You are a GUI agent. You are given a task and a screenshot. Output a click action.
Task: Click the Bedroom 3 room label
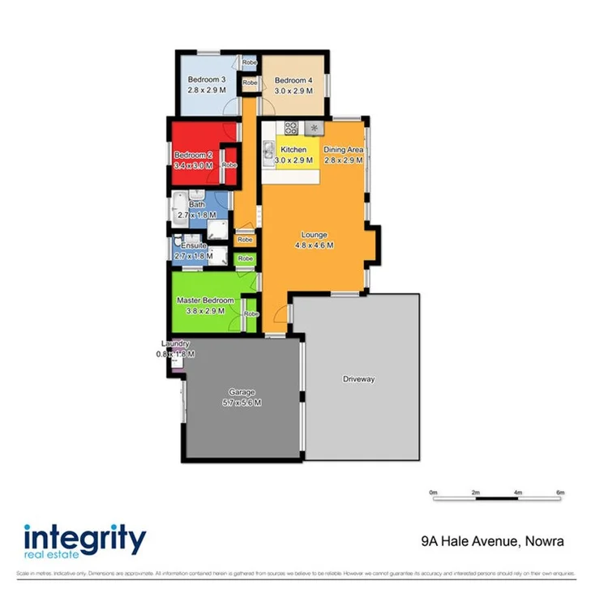205,80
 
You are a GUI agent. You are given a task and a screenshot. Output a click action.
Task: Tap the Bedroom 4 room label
293,80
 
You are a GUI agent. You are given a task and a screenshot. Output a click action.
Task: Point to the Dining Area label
343,150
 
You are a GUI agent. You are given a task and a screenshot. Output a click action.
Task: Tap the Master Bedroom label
205,301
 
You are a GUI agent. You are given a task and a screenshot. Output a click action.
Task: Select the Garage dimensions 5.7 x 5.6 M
242,403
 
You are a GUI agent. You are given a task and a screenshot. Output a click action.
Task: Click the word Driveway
358,378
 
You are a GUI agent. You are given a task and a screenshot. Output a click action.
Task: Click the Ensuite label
194,245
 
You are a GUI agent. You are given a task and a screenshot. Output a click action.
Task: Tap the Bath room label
197,205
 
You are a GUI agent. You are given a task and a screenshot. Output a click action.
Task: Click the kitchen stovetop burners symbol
291,127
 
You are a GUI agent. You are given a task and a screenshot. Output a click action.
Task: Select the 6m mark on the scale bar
559,492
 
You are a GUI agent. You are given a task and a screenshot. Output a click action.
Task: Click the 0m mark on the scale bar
434,492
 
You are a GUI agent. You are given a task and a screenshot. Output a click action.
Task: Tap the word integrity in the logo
84,538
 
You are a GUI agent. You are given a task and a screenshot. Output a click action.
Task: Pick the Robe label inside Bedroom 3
249,62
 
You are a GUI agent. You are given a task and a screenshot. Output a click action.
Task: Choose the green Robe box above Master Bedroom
245,258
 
